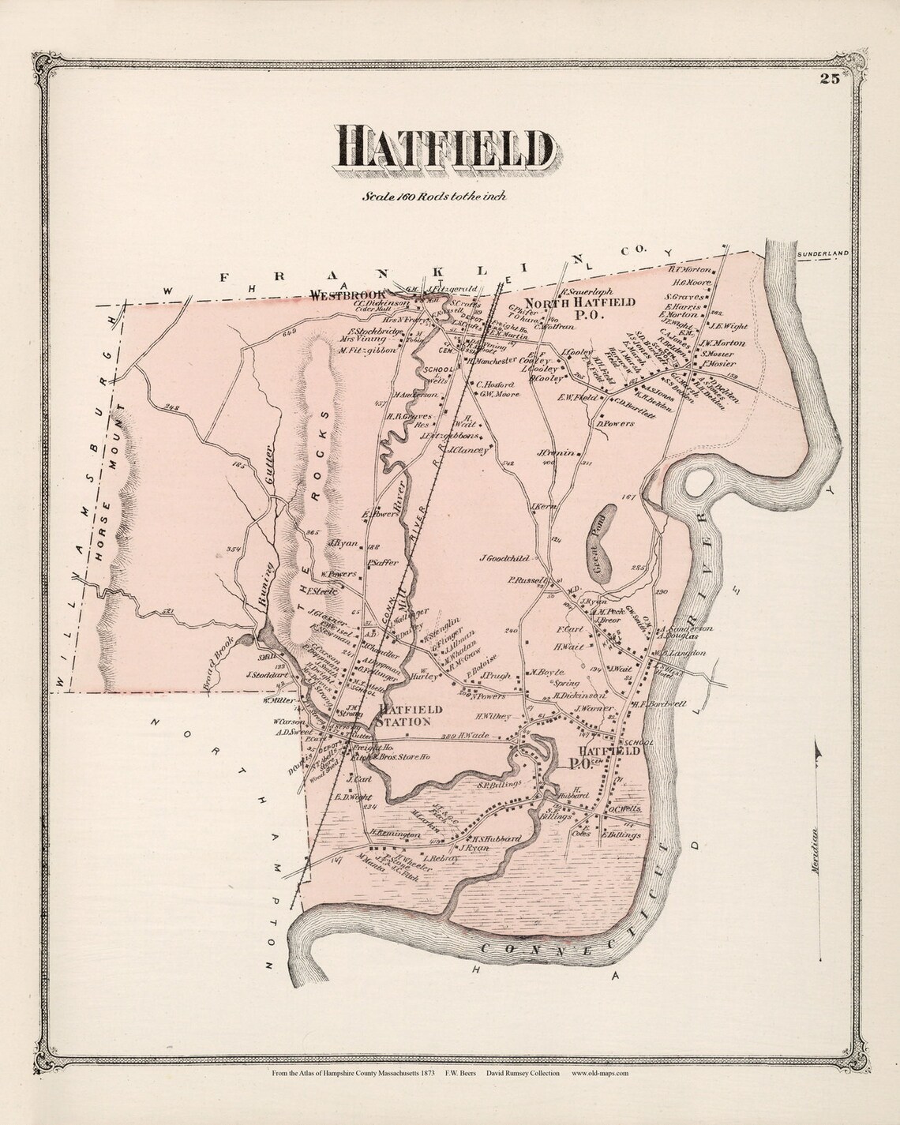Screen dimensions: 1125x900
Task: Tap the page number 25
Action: pos(828,77)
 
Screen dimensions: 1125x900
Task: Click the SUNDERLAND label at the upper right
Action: pos(822,253)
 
